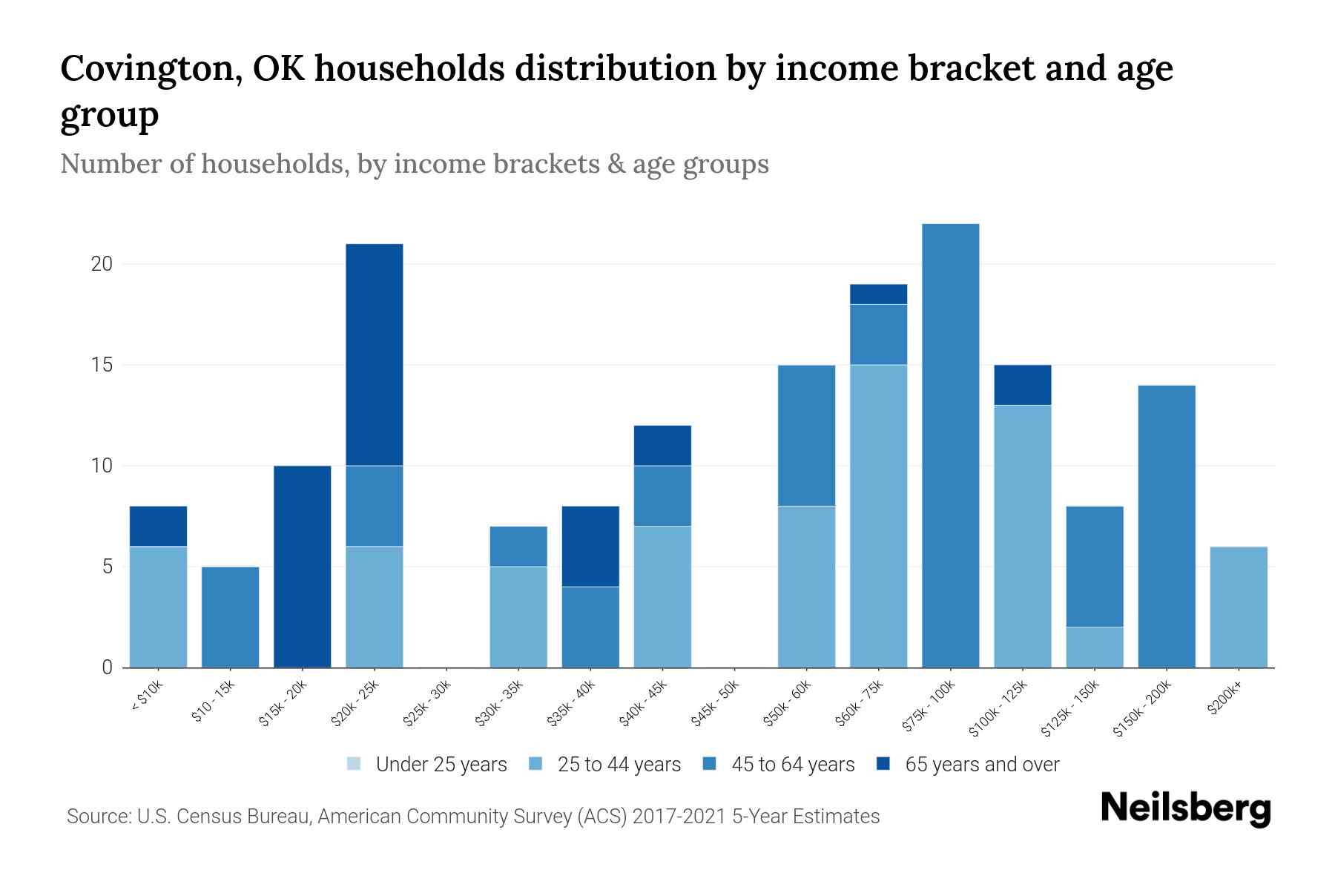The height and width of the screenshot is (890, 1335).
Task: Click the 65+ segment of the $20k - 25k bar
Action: [x=375, y=355]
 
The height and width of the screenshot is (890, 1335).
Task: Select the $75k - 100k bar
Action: [x=950, y=445]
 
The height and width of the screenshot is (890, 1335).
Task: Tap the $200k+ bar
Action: [x=1239, y=607]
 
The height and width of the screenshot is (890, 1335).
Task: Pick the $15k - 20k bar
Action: [x=303, y=567]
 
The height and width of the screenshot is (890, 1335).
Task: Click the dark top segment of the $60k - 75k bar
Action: [x=878, y=294]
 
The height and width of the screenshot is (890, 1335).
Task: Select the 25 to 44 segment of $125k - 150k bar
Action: [x=1095, y=647]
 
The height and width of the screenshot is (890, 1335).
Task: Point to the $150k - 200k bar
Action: [x=1167, y=527]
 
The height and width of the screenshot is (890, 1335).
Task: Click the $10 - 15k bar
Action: [x=231, y=617]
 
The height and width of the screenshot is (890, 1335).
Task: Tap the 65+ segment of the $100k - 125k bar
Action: [x=1022, y=385]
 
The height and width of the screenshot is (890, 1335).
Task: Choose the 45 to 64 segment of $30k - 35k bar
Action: [x=518, y=547]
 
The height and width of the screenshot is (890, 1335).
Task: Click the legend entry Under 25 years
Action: [x=427, y=765]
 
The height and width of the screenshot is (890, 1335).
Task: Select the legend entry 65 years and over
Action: [x=968, y=765]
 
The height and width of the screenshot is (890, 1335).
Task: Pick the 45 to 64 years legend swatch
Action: [x=710, y=764]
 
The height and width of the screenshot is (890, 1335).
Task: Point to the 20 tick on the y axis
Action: [x=102, y=264]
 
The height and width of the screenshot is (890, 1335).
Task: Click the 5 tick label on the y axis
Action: [x=107, y=567]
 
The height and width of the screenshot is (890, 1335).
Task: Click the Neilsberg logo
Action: [x=1185, y=808]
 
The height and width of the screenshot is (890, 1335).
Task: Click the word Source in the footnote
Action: [x=96, y=817]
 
